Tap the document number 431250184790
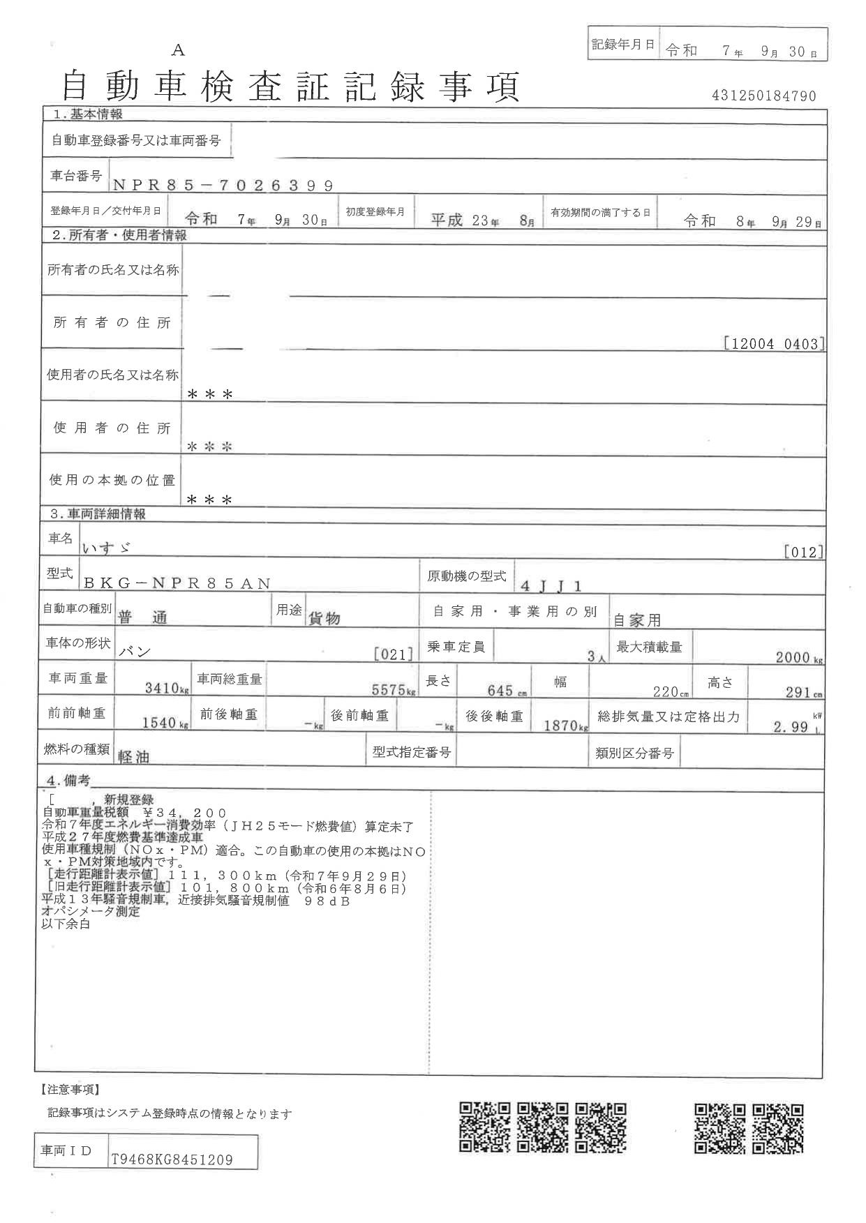tap(763, 96)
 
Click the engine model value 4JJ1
tap(551, 585)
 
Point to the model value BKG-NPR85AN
tap(177, 584)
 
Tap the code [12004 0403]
tap(774, 344)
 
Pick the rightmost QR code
tap(778, 1128)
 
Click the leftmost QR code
tap(485, 1128)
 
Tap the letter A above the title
tap(179, 50)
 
